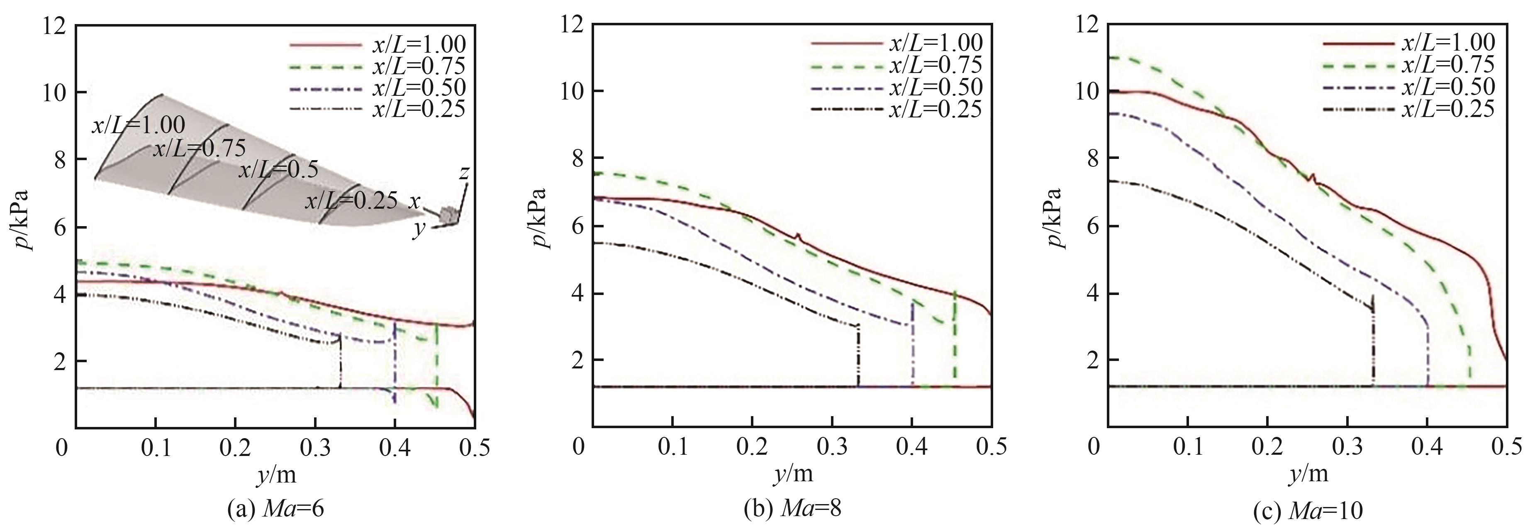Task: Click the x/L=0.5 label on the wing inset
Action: pyautogui.click(x=278, y=170)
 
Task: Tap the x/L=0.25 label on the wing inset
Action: pyautogui.click(x=351, y=201)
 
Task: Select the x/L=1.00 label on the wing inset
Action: pyautogui.click(x=138, y=125)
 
